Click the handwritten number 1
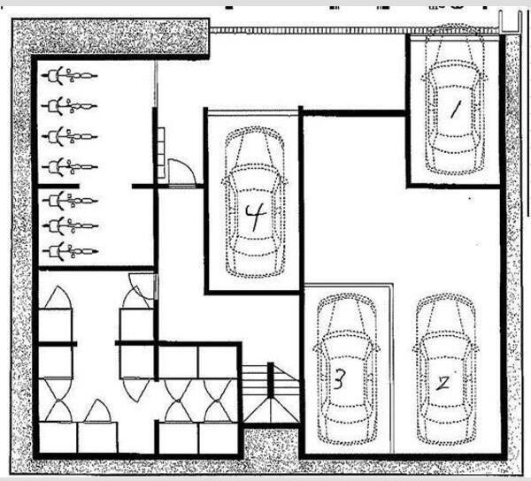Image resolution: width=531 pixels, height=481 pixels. click(455, 111)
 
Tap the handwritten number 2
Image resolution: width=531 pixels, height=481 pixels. click(443, 383)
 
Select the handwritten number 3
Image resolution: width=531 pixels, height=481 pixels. click(339, 378)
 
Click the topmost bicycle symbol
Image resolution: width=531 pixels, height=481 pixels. click(70, 75)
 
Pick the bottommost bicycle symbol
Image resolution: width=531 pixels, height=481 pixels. click(71, 251)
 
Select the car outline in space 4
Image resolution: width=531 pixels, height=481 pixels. click(255, 202)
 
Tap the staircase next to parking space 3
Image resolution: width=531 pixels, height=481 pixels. click(271, 393)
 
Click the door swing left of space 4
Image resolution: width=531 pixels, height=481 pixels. click(182, 172)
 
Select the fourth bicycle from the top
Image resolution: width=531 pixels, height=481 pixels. click(70, 167)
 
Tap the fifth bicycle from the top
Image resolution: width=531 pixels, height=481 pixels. click(71, 201)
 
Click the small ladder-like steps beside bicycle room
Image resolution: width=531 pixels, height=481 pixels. click(161, 153)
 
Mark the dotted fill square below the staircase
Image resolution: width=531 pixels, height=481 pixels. click(271, 443)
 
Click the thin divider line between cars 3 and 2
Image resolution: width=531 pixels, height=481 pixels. click(392, 369)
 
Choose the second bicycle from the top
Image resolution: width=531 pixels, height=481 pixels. click(70, 106)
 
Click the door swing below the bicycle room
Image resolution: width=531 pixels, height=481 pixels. click(142, 286)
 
